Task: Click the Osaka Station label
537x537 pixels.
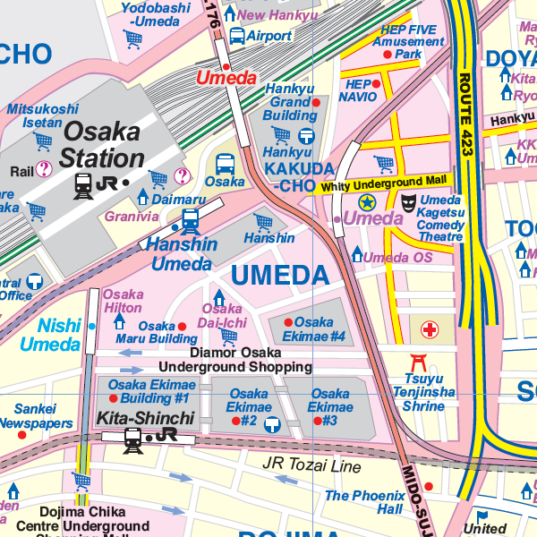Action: tap(101, 146)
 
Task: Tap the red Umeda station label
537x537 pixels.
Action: tap(220, 78)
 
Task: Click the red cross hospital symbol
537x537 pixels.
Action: tap(430, 330)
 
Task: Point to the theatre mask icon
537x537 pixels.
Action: tap(408, 203)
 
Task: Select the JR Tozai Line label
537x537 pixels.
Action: tap(311, 466)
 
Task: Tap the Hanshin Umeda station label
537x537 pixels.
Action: tap(182, 253)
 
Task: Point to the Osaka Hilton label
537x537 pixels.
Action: tap(123, 301)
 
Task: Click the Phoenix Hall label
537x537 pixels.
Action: tap(364, 502)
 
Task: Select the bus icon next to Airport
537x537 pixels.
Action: tap(237, 36)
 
